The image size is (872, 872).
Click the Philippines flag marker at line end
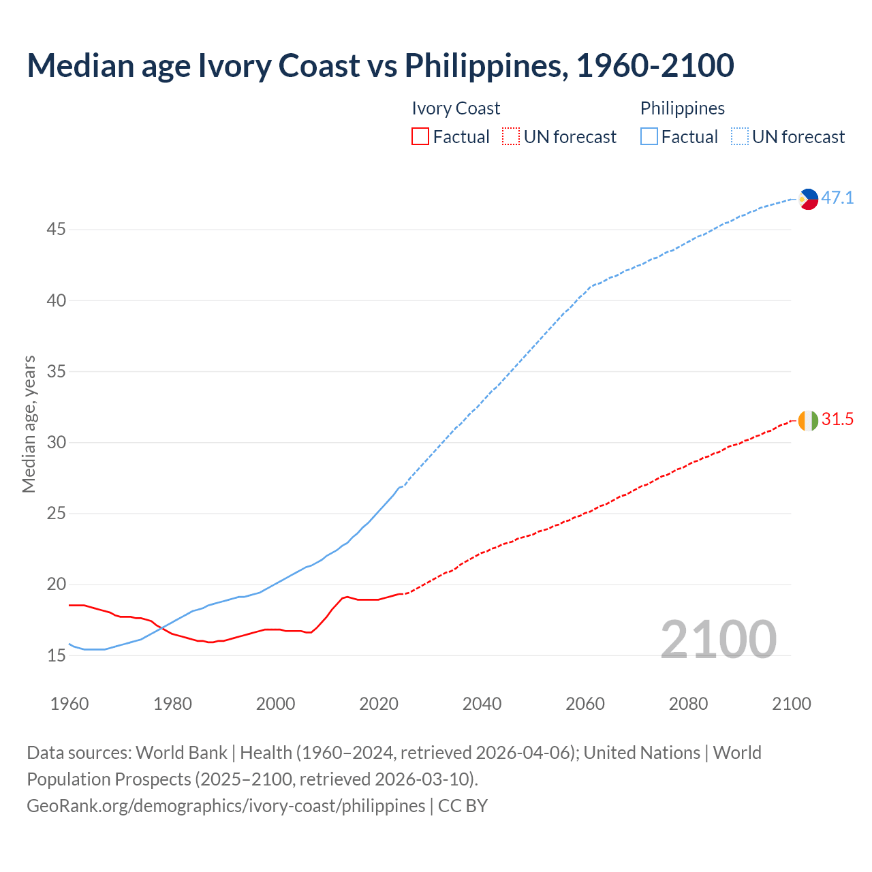808,199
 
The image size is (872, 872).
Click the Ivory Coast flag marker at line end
808,420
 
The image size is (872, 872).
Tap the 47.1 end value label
837,198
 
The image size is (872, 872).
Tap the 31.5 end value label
837,420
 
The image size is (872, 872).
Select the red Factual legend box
420,137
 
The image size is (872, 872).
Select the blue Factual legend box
649,137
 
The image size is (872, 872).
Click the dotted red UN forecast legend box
511,137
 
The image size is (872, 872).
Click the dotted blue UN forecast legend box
739,137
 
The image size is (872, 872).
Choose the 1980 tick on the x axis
172,704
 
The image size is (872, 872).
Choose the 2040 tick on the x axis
482,704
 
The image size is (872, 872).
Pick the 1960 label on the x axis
69,704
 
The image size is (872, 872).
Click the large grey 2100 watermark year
718,639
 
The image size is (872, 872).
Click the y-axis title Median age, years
29,424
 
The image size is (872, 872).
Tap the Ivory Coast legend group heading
456,108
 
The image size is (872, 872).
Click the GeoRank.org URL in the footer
225,806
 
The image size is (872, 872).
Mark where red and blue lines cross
164,629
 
